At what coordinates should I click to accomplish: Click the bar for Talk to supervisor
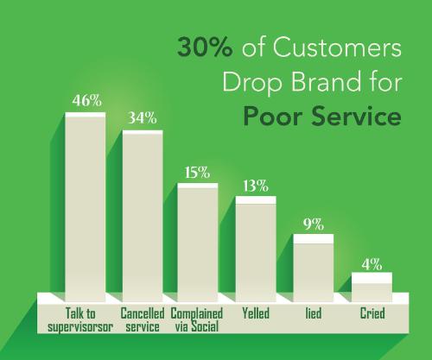coord(86,207)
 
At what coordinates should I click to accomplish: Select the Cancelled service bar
coord(143,216)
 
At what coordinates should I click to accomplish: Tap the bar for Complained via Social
coord(198,243)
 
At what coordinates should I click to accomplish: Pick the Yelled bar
coord(256,249)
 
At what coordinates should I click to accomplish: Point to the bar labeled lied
coord(314,268)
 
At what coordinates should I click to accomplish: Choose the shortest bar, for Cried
coord(372,287)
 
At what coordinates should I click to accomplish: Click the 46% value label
coord(87,100)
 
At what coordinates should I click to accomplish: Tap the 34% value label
coord(143,117)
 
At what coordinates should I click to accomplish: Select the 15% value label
coord(197,172)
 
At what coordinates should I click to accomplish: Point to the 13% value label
coord(256,186)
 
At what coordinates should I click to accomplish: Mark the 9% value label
coord(314,224)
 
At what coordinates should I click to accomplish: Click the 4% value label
coord(372,264)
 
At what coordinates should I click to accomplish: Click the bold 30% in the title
coord(205,47)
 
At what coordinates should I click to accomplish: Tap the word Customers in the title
coord(337,47)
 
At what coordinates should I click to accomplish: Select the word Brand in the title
coord(327,81)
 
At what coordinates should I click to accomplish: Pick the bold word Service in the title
coord(357,117)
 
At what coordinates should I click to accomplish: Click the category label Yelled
coord(256,313)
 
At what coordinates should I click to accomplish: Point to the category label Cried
coord(372,313)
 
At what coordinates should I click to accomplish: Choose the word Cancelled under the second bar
coord(143,313)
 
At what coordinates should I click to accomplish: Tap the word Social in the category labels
coord(205,326)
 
